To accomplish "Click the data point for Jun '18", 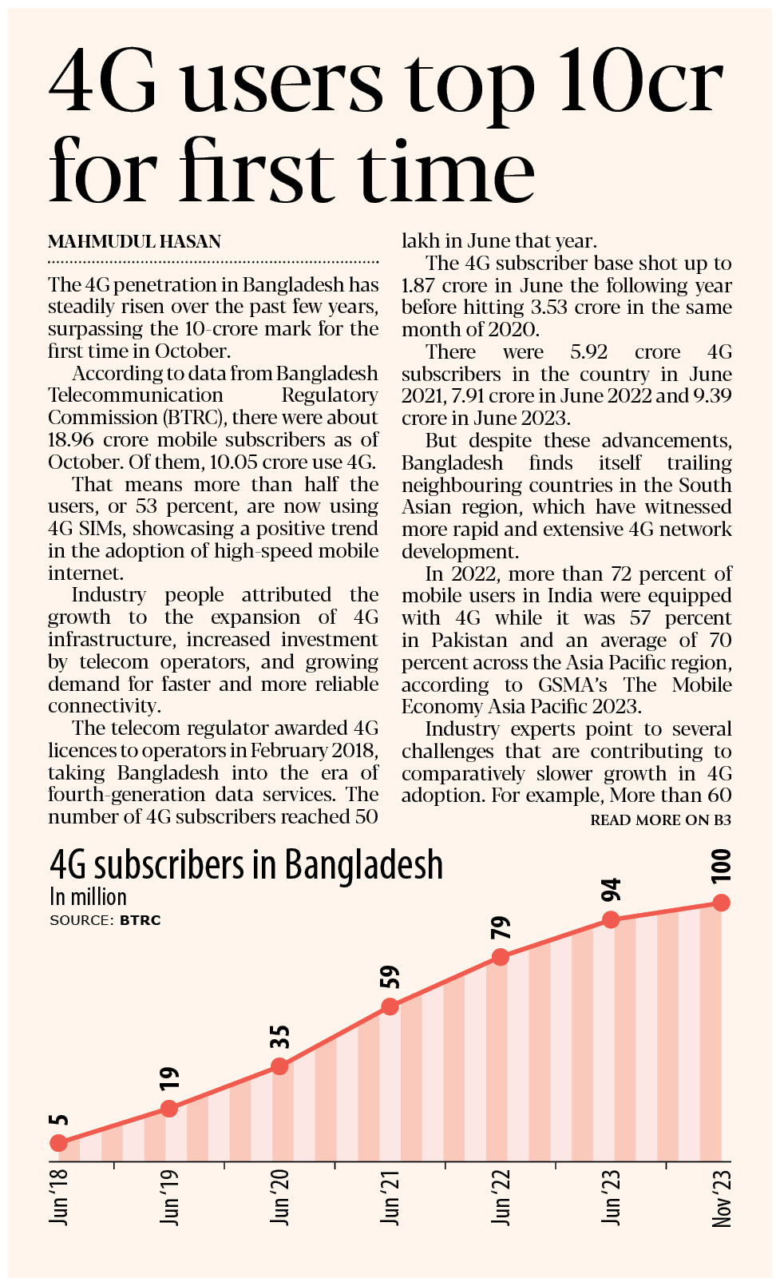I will [58, 1143].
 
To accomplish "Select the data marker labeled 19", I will [168, 1108].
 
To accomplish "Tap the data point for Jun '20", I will [279, 1066].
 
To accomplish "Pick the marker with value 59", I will [390, 1006].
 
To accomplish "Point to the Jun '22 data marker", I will [500, 957].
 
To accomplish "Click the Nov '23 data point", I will [721, 903].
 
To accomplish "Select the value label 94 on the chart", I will [611, 889].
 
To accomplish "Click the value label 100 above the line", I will [720, 866].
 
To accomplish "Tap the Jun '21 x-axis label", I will [390, 1197].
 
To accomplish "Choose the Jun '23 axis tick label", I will [611, 1197].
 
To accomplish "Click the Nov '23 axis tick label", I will [721, 1198].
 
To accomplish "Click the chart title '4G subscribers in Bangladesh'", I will [246, 866].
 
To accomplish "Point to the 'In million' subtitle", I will [88, 897].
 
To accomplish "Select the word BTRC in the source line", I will [141, 920].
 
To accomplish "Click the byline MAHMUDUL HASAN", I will [134, 242].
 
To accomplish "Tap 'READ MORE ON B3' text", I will [660, 820].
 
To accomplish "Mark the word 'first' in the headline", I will [257, 170].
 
